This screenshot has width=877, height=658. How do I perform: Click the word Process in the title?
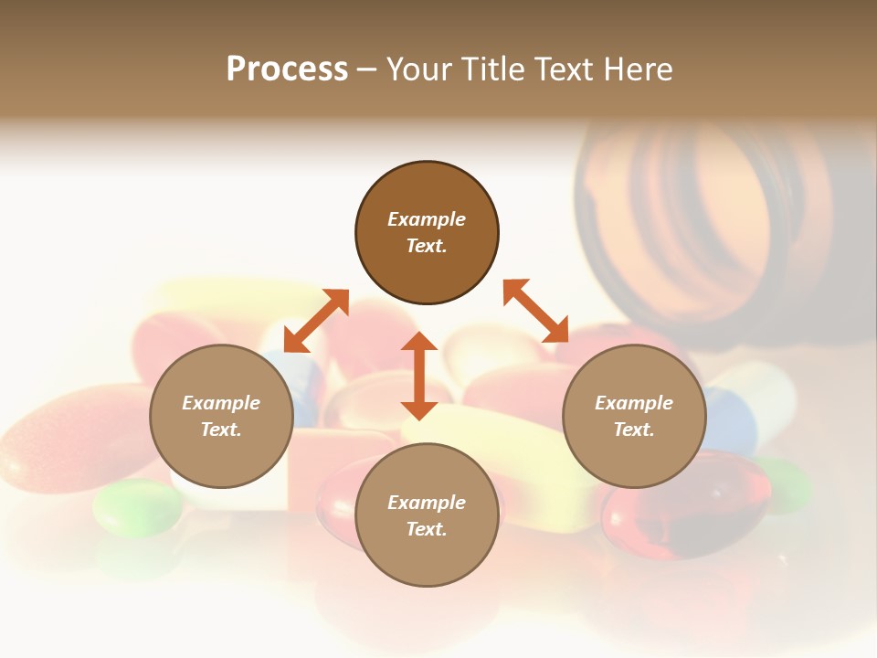coord(287,69)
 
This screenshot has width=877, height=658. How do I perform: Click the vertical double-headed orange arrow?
coord(419,376)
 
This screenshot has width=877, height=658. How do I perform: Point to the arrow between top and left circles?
coord(316,321)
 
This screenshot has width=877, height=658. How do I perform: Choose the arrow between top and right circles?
coord(536,311)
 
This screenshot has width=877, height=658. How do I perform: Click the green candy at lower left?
coord(137,506)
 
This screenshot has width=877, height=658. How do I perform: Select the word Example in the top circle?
coord(427,219)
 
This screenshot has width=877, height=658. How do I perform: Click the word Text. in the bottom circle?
coord(427,529)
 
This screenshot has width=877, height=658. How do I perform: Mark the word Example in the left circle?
coord(221,403)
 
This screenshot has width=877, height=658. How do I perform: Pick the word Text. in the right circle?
coord(634,430)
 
